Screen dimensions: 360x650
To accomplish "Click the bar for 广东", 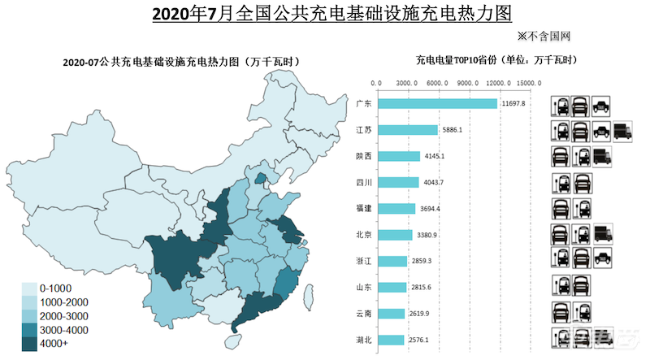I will [437, 103].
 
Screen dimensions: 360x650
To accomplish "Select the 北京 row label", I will [364, 235].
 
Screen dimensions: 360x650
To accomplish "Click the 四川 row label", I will [364, 182].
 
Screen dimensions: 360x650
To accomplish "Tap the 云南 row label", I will [364, 314].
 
